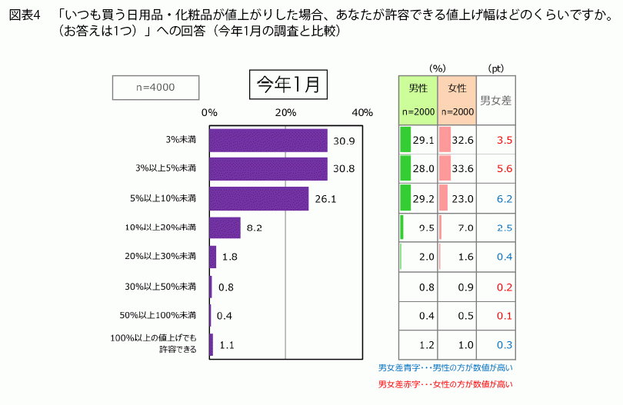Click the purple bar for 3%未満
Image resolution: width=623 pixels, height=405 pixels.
click(268, 141)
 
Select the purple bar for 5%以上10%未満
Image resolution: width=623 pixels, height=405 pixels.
click(258, 198)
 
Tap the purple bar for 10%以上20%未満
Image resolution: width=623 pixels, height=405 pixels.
click(225, 227)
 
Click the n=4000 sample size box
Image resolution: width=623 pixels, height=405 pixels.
click(155, 88)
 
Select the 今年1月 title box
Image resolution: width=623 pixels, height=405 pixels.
click(288, 85)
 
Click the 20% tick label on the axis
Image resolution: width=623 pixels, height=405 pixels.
click(285, 112)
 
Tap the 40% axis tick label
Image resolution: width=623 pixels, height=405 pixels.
click(361, 112)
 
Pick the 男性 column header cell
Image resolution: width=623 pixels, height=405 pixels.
click(418, 100)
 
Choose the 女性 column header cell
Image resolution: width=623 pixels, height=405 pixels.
click(457, 100)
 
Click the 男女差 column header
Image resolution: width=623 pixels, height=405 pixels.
click(496, 100)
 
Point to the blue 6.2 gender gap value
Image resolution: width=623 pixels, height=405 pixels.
click(505, 198)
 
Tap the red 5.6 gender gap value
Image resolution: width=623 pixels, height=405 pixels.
click(505, 169)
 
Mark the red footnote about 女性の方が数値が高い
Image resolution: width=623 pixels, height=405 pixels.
click(445, 383)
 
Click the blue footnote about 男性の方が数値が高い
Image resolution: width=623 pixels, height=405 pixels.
click(445, 368)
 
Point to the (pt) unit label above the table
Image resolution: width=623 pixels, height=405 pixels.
click(496, 68)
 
